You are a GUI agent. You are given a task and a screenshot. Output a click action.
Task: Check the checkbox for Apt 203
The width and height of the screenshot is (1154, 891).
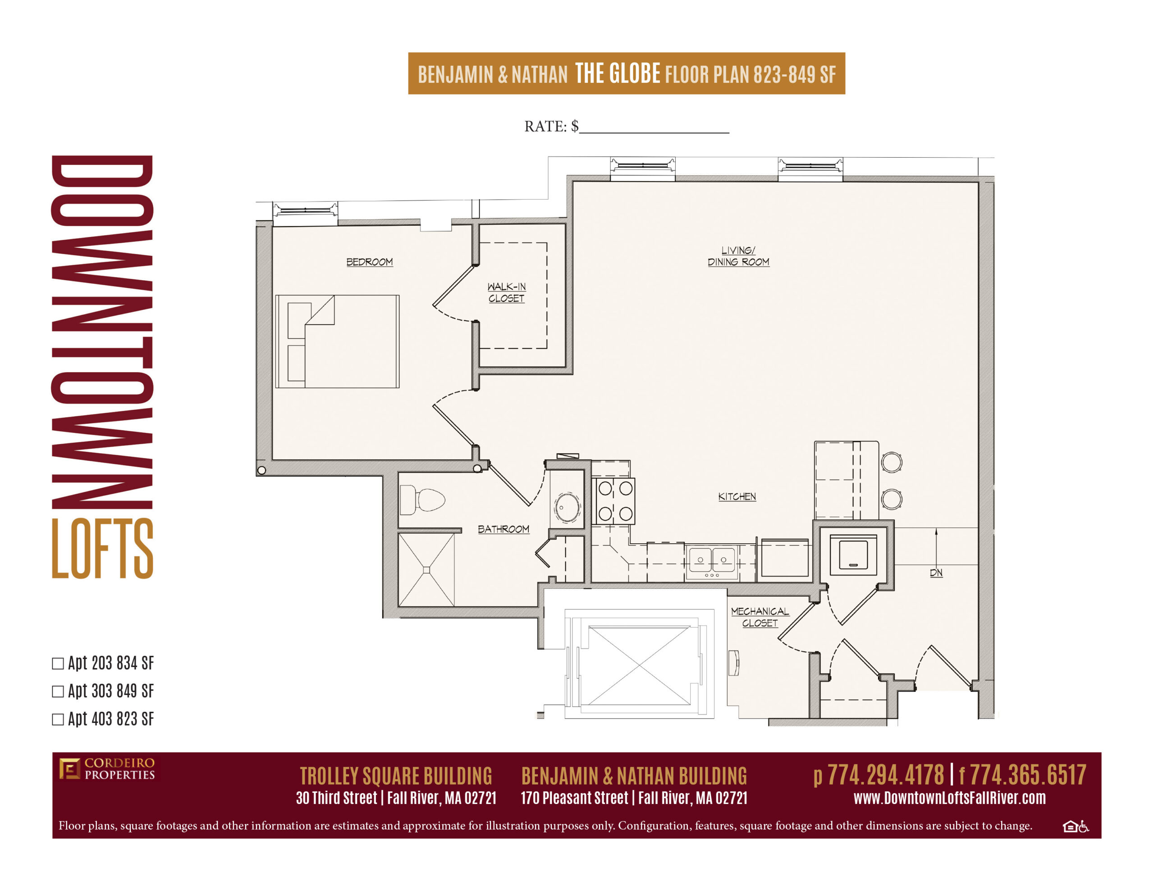[x=58, y=664]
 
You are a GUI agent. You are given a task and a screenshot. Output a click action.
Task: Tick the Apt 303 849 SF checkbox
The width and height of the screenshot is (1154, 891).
[x=58, y=692]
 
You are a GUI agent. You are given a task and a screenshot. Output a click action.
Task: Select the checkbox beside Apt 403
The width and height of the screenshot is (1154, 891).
[x=58, y=720]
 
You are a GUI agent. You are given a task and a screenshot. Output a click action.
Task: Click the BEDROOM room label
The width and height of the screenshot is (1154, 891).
[x=369, y=262]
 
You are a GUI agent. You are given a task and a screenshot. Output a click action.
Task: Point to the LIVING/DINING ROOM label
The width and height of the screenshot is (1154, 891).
[x=738, y=256]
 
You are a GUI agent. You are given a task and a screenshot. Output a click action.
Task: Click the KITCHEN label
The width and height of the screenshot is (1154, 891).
[x=737, y=496]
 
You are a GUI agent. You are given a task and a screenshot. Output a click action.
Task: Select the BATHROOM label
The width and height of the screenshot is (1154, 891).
[x=503, y=529]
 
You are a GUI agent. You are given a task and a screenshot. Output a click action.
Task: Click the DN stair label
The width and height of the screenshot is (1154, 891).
[x=936, y=573]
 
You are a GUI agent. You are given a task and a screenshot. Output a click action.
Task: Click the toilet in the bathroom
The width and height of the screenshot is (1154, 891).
[x=422, y=500]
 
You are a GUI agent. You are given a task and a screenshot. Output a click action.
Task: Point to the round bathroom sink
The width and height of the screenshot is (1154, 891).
[x=567, y=507]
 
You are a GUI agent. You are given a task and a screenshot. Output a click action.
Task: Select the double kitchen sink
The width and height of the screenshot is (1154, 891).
[x=712, y=561]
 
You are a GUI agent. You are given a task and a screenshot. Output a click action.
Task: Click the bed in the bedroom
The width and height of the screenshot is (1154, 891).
[x=337, y=342]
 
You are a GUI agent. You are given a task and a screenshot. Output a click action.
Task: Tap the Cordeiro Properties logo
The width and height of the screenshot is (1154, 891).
[x=107, y=769]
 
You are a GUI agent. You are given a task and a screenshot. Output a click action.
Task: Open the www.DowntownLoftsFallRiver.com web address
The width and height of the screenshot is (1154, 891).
[x=949, y=798]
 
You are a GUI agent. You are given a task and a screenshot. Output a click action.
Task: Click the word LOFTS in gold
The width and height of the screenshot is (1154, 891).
[x=102, y=548]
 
